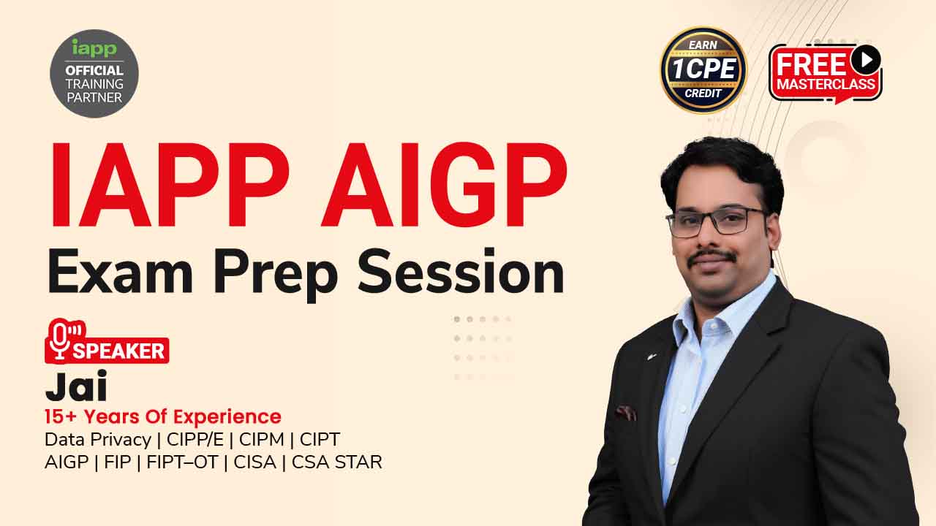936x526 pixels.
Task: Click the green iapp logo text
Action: click(x=94, y=48)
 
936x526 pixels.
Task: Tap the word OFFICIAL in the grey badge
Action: click(x=94, y=70)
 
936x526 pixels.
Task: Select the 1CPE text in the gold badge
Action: click(x=703, y=69)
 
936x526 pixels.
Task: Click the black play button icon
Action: click(x=866, y=59)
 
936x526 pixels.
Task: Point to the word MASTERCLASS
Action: click(x=826, y=84)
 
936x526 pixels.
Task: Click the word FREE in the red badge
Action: click(x=812, y=65)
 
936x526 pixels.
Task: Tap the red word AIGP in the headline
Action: click(x=444, y=184)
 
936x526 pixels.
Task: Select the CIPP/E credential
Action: click(x=195, y=440)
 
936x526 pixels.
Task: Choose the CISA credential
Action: click(x=255, y=462)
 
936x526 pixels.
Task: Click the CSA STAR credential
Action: click(x=337, y=462)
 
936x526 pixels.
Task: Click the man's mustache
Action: click(x=712, y=256)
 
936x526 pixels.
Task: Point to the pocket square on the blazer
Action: click(x=625, y=413)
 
